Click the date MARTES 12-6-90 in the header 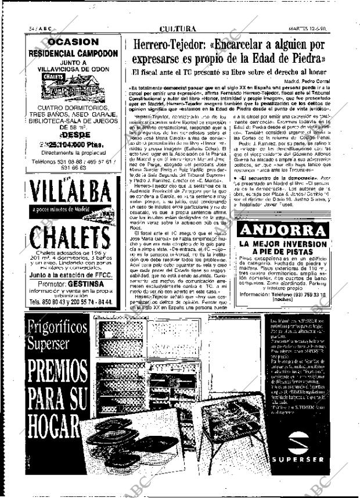[x=322, y=28]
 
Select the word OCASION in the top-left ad [x=73, y=42]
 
